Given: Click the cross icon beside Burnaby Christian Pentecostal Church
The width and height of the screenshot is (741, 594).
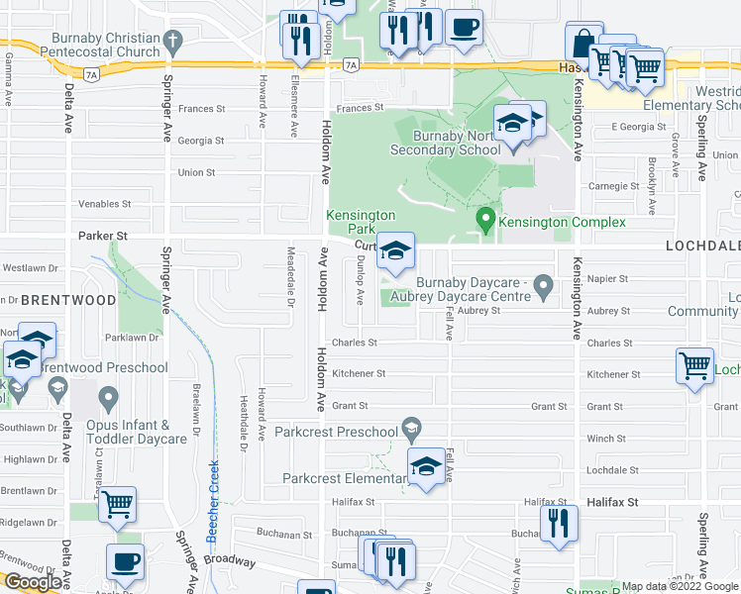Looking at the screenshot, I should tap(173, 43).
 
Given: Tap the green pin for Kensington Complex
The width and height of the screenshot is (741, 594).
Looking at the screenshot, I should tap(485, 220).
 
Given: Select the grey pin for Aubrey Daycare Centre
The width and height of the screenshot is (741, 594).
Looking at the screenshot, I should tap(542, 287).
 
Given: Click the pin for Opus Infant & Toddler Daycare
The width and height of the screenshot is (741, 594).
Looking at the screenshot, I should tap(108, 400).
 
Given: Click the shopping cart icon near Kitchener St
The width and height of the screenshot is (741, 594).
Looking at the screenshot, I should tap(695, 365).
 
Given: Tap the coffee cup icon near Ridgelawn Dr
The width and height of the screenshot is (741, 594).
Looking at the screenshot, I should tap(126, 562).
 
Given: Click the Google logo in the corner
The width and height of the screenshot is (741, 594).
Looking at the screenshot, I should tap(33, 582).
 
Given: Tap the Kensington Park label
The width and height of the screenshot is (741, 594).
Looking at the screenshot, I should tap(362, 222).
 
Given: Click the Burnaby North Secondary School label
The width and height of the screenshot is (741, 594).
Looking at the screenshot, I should tap(445, 143).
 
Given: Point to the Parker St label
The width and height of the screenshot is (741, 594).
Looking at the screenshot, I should tap(103, 236).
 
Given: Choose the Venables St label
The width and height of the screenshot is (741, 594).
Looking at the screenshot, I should tap(105, 204).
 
